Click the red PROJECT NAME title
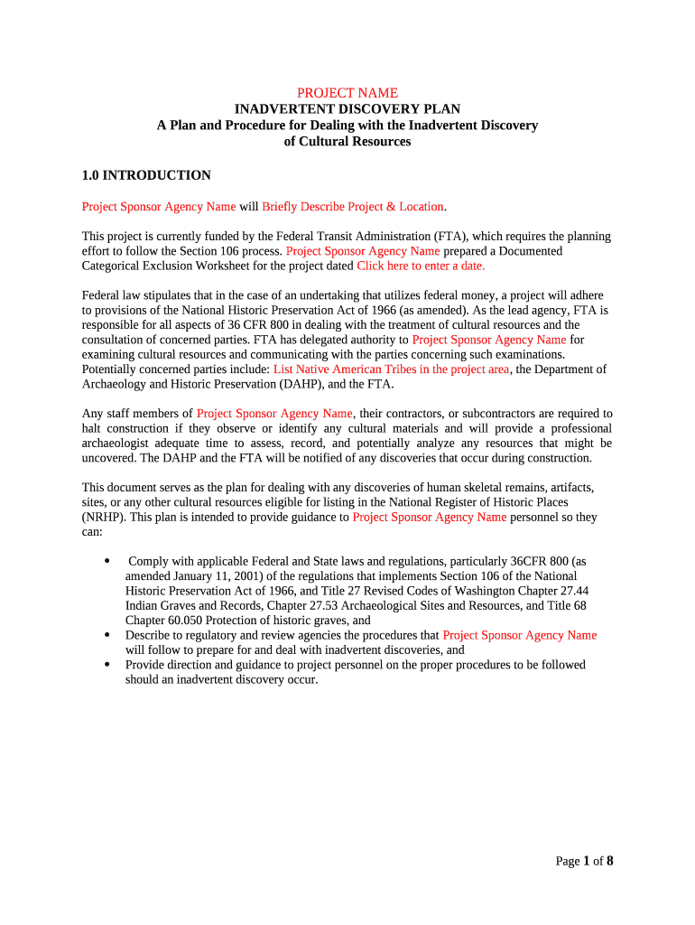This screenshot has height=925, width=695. [x=347, y=93]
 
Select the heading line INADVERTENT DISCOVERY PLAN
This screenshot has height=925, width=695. [x=347, y=109]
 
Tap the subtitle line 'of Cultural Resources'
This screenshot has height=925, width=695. [x=347, y=142]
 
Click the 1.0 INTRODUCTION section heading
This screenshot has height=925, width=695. [x=146, y=175]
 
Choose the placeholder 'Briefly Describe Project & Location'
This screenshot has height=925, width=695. [x=353, y=207]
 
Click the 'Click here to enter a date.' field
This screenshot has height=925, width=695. [x=421, y=266]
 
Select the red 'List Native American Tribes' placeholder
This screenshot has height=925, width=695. [x=385, y=369]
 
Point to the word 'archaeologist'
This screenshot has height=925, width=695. [x=120, y=444]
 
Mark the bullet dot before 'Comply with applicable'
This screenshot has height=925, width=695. [x=108, y=561]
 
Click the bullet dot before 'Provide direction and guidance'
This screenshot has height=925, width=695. [x=108, y=665]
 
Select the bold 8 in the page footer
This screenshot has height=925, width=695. [x=610, y=861]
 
